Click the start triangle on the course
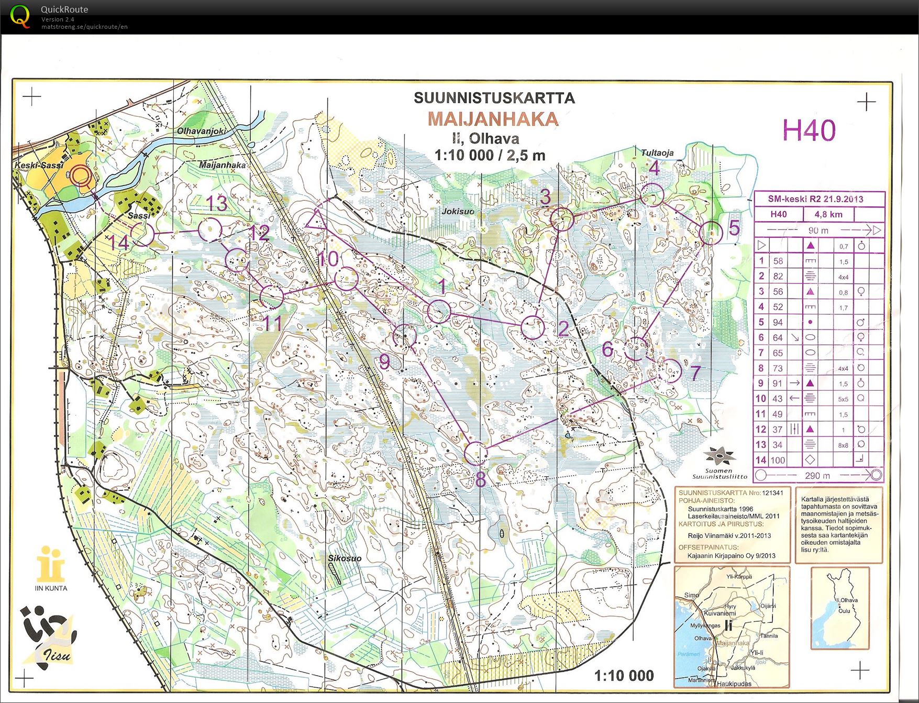coord(316,221)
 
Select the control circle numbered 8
coord(476,453)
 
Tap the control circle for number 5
coord(711,233)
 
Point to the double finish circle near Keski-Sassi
coord(81,176)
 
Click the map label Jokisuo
coord(458,211)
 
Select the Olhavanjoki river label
coord(201,131)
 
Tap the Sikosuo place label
coord(345,558)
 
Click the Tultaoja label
coord(657,152)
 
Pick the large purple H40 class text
coord(809,130)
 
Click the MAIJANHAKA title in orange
coord(493,119)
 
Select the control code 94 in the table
coord(778,322)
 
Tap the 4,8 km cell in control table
coord(828,214)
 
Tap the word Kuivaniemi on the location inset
coord(719,613)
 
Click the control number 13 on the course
coord(216,203)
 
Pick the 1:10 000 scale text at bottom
coord(624,676)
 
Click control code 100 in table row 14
coord(778,460)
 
